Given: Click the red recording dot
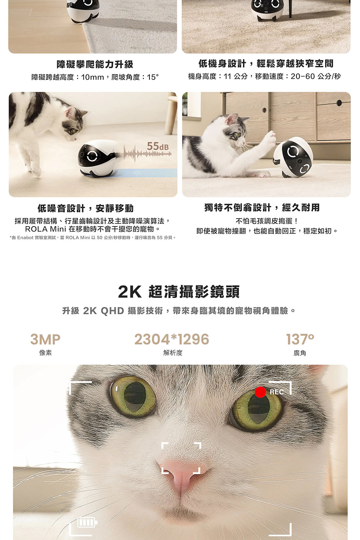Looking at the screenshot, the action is tap(260, 392).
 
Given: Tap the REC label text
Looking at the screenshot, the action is tap(276, 392).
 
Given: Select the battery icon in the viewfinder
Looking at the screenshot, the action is tap(87, 522).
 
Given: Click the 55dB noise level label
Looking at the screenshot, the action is tap(158, 146).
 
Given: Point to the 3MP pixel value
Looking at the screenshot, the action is tap(45, 339).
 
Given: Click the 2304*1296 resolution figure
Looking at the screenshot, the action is tap(172, 339).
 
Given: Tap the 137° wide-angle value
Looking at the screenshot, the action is tap(300, 339).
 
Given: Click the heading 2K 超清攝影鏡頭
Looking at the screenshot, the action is tap(179, 292).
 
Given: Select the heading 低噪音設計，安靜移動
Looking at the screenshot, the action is tap(86, 208).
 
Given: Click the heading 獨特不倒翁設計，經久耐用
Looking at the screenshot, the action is tap(262, 208).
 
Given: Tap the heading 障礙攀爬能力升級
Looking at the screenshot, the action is tap(95, 64).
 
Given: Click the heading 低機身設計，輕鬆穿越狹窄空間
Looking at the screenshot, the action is tap(266, 64).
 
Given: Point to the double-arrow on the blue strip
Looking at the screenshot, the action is tap(137, 172).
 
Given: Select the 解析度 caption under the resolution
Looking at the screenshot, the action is tap(173, 353).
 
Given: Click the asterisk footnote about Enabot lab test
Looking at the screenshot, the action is tap(93, 238).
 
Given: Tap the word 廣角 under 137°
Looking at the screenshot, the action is tap(300, 353).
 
